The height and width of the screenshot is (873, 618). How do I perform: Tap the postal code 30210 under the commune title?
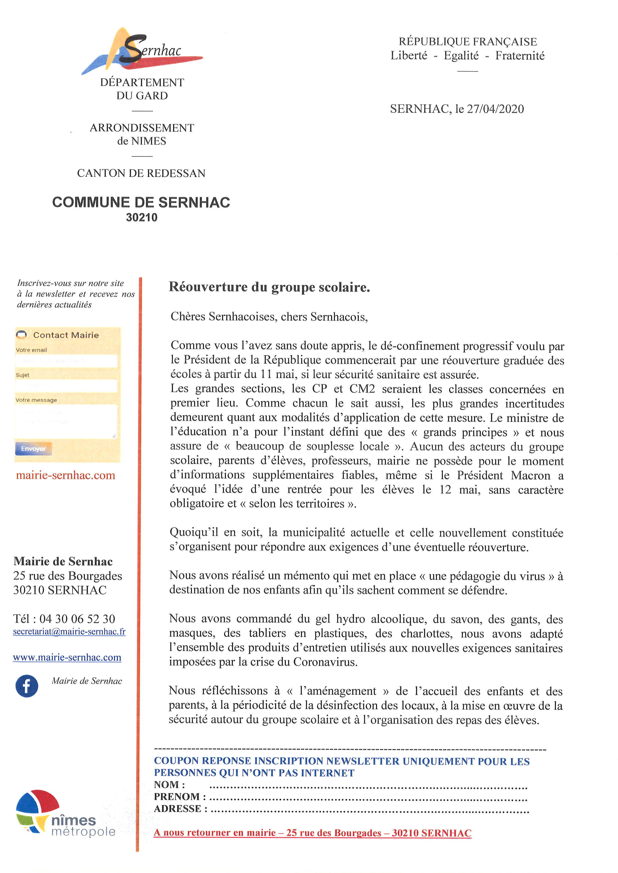coord(142,218)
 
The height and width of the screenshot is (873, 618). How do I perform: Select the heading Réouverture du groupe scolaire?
coord(269,287)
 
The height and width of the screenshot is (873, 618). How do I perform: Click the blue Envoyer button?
coord(33,449)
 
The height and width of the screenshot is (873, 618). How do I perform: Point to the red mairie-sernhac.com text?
coord(66,475)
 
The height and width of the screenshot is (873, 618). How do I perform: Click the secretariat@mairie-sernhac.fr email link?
coord(69,632)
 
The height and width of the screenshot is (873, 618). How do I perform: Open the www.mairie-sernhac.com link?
coord(67,657)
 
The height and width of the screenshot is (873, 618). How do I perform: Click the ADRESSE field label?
coord(181,808)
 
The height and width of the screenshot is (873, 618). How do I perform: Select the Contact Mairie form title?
coord(66,335)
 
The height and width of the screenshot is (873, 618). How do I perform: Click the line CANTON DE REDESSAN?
coord(141,174)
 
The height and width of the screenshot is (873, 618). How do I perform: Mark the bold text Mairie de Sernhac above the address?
coord(63,562)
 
